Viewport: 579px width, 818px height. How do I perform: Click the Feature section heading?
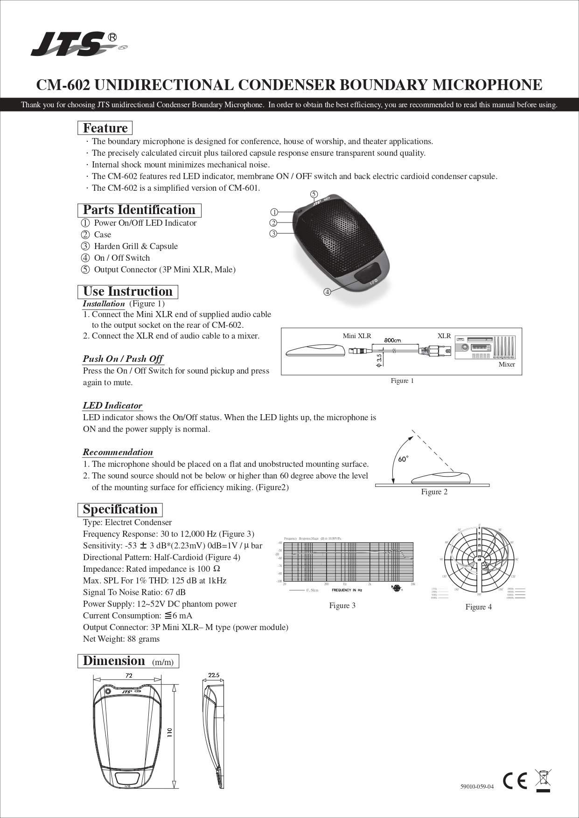[105, 128]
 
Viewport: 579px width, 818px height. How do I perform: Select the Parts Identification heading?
[139, 210]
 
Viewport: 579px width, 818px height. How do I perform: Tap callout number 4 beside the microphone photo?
[327, 292]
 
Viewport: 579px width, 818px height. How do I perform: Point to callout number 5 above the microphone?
[314, 194]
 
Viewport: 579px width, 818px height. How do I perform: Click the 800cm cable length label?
[392, 340]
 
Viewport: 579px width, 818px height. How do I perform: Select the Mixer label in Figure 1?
[507, 364]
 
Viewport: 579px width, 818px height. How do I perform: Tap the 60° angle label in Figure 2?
[403, 459]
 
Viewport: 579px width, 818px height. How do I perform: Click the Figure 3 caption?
[342, 605]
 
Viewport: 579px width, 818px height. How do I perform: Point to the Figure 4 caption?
[479, 607]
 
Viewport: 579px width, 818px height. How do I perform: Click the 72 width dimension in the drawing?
[129, 675]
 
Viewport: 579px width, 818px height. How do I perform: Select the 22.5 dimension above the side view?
[214, 675]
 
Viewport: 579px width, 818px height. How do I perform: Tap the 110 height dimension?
[170, 733]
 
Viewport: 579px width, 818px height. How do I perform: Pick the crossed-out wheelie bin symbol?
[543, 780]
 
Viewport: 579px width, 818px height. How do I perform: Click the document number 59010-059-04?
[477, 787]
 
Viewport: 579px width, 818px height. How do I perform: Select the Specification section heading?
[120, 509]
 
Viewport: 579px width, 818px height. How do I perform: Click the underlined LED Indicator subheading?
[112, 406]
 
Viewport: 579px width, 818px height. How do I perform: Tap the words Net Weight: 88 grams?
[121, 639]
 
